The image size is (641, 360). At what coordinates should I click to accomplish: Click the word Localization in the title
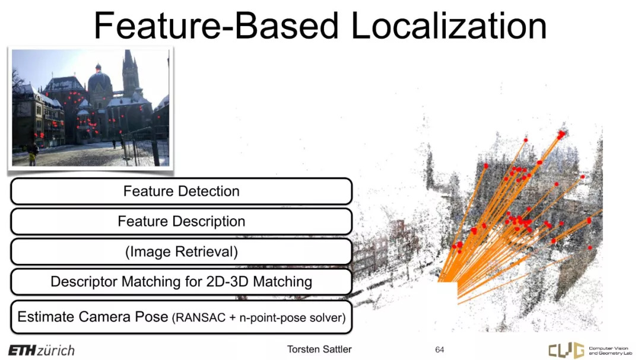tap(449, 26)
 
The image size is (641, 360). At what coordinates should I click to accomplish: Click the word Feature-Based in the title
tap(216, 26)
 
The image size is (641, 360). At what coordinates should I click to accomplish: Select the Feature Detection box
tap(181, 191)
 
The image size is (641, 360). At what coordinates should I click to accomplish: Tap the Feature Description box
tap(181, 221)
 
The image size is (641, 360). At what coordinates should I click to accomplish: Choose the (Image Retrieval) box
tap(181, 251)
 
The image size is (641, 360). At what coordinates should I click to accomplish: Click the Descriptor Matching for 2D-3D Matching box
tap(181, 282)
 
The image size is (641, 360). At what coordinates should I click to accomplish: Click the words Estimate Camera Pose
tap(93, 317)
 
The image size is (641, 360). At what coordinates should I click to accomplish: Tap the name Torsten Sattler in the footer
tap(319, 349)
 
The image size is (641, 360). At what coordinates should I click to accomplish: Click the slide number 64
tap(439, 350)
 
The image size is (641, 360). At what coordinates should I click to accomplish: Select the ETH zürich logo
tap(42, 350)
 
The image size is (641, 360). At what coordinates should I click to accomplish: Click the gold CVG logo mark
tap(566, 350)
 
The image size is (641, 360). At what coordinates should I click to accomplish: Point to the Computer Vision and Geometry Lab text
tap(610, 351)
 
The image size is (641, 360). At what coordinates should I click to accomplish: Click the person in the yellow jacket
tap(31, 154)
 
